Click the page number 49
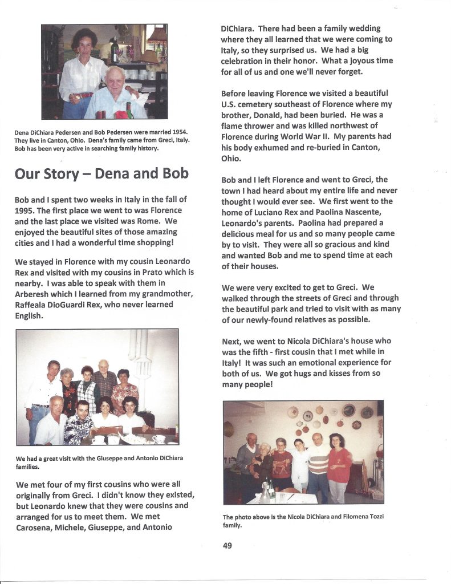pyautogui.click(x=227, y=545)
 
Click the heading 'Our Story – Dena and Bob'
pyautogui.click(x=101, y=173)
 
